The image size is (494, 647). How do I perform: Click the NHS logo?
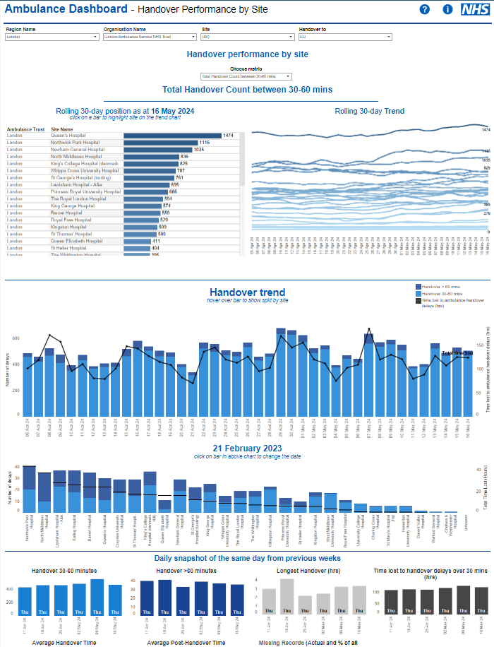point(474,9)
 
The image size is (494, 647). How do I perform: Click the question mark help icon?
point(424,9)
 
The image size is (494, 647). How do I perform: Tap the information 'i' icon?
point(447,9)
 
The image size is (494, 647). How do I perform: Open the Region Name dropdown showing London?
point(52,37)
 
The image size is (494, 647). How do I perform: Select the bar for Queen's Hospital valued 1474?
point(172,136)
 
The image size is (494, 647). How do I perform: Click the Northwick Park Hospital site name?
point(75,143)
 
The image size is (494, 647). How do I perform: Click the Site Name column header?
point(61,129)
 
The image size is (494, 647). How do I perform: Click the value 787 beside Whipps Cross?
point(181,171)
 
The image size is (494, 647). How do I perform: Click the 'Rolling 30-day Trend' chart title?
point(369,112)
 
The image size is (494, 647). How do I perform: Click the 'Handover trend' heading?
point(247,292)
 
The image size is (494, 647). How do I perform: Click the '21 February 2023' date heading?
point(247,449)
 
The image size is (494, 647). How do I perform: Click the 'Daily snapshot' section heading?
point(247,538)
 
